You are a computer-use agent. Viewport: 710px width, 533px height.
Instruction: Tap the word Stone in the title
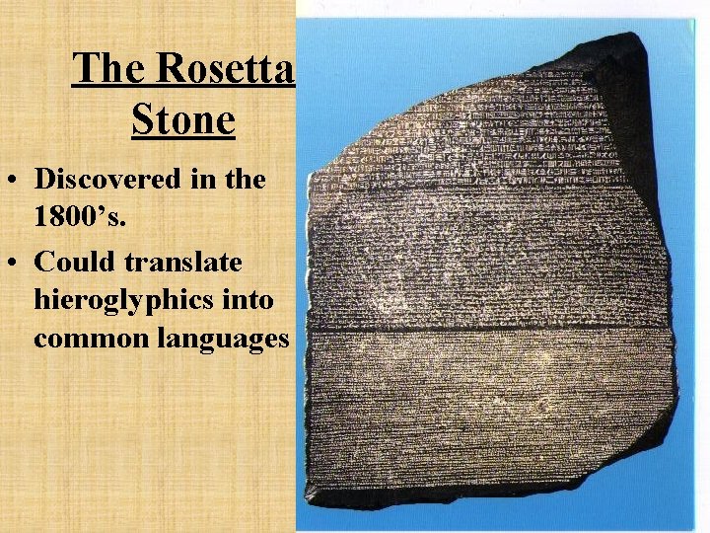pyautogui.click(x=182, y=120)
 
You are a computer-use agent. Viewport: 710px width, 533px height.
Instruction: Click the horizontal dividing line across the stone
pyautogui.click(x=493, y=325)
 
